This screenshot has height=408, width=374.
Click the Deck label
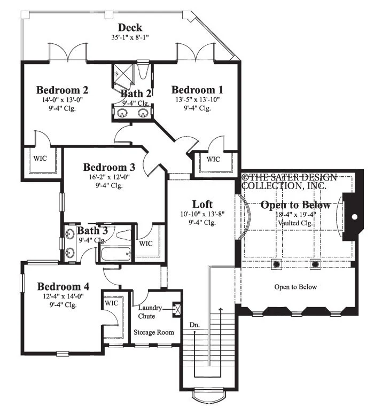tap(130, 28)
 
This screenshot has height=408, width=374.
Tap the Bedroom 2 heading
tap(62, 90)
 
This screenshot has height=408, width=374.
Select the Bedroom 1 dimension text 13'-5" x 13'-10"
tap(198, 99)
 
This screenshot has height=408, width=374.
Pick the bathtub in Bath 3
tap(115, 254)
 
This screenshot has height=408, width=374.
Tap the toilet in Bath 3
tap(123, 235)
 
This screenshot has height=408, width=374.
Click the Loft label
tap(202, 204)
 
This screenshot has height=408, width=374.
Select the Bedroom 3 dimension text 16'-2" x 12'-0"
tap(109, 177)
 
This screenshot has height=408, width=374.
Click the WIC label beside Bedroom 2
tap(41, 158)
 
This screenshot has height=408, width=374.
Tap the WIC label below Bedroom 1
tap(213, 159)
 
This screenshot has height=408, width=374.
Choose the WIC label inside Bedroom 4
tap(111, 303)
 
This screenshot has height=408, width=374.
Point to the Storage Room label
tap(154, 332)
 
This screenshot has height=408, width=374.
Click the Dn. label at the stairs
tap(194, 325)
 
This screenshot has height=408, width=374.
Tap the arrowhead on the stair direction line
tap(221, 310)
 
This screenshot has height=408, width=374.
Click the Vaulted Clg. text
tap(295, 223)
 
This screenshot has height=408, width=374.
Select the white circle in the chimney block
tap(354, 216)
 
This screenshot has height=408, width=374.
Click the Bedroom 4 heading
tap(63, 286)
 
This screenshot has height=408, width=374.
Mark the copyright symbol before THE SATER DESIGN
tap(245, 177)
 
